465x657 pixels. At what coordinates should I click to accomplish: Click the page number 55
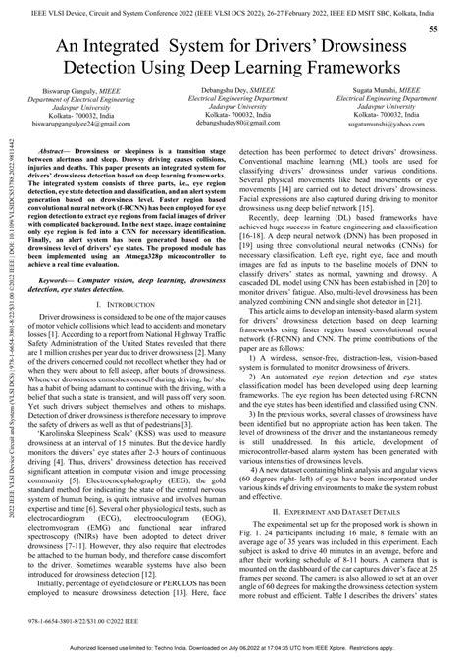click(x=433, y=30)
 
